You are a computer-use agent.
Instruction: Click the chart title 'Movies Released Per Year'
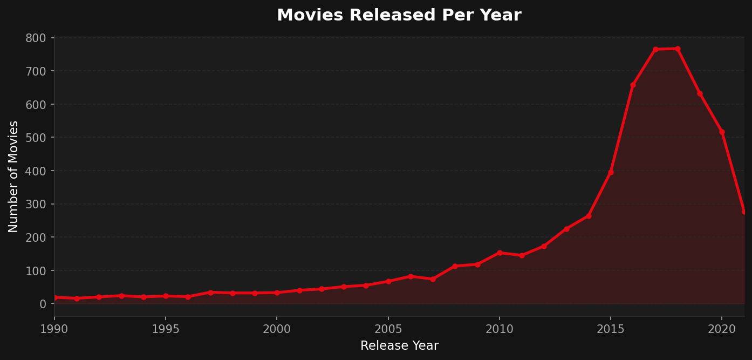pos(399,15)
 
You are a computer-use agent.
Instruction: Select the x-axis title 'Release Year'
pos(399,346)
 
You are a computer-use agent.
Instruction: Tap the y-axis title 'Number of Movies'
pos(13,176)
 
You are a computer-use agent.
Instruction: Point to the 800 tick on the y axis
pos(36,38)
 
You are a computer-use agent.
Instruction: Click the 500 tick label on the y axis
pos(36,138)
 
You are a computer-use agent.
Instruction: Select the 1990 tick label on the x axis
pos(54,329)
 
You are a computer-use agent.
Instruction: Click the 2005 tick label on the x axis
pos(388,329)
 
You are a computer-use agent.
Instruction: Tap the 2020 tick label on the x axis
pos(722,329)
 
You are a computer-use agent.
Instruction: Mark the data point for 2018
pos(678,49)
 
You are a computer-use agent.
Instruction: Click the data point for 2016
pos(633,85)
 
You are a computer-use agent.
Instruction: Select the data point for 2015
pos(611,172)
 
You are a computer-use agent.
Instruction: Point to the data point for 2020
pos(722,132)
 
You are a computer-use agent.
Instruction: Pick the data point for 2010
pos(500,253)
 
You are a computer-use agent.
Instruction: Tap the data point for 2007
pos(433,279)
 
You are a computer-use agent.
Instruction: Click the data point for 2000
pos(277,293)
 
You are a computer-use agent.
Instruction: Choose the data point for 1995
pos(166,296)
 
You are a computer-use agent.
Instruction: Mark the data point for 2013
pos(566,229)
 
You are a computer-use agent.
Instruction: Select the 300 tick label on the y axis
pos(36,204)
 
